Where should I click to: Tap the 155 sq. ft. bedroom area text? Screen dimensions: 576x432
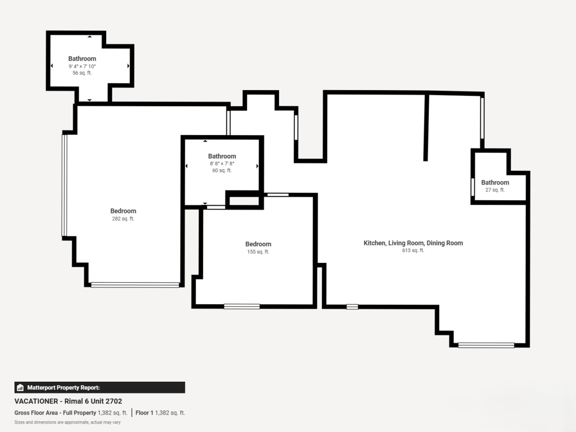[x=258, y=252]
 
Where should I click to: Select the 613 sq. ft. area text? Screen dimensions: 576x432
[x=413, y=250]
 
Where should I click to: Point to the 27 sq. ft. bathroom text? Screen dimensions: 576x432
[x=495, y=190]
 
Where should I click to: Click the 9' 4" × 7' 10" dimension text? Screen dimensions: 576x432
[x=82, y=66]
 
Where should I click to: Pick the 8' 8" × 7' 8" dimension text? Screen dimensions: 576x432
[x=222, y=163]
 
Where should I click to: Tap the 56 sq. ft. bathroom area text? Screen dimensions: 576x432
[x=82, y=73]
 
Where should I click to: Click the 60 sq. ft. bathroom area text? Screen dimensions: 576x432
[x=222, y=170]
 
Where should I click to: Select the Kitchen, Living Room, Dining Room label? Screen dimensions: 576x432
[x=413, y=243]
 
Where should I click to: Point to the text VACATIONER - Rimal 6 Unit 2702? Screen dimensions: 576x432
[x=68, y=401]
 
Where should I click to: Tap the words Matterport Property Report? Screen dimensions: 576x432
[x=63, y=387]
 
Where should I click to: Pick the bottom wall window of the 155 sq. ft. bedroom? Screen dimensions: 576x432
[x=242, y=306]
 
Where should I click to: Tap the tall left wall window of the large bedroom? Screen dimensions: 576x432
[x=64, y=185]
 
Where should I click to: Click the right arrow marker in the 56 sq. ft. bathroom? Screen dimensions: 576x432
[x=128, y=66]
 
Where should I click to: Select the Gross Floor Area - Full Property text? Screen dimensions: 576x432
[x=55, y=413]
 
